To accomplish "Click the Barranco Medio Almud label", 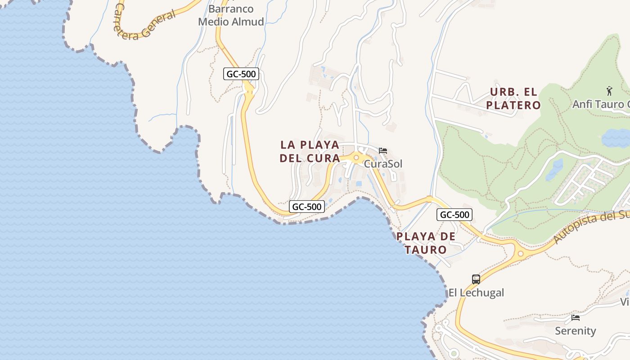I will click(231, 15).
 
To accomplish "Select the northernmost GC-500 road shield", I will click(241, 74).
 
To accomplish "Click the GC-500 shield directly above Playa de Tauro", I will click(454, 215).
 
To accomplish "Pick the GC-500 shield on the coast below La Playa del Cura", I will click(306, 207).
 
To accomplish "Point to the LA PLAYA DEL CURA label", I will click(310, 152).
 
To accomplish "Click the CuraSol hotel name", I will click(383, 164).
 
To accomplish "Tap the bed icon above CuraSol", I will click(383, 150).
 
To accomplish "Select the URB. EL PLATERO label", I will click(515, 99).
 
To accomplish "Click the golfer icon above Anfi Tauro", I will click(609, 91).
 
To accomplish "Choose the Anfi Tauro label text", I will click(601, 104).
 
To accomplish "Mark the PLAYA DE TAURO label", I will click(426, 243).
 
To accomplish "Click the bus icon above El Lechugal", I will click(476, 279).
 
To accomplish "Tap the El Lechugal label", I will click(476, 293).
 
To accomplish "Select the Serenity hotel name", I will click(575, 331).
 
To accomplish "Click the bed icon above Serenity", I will click(575, 318).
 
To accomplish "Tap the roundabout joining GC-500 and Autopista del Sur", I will click(521, 254).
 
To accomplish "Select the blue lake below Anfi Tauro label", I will click(616, 138).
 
